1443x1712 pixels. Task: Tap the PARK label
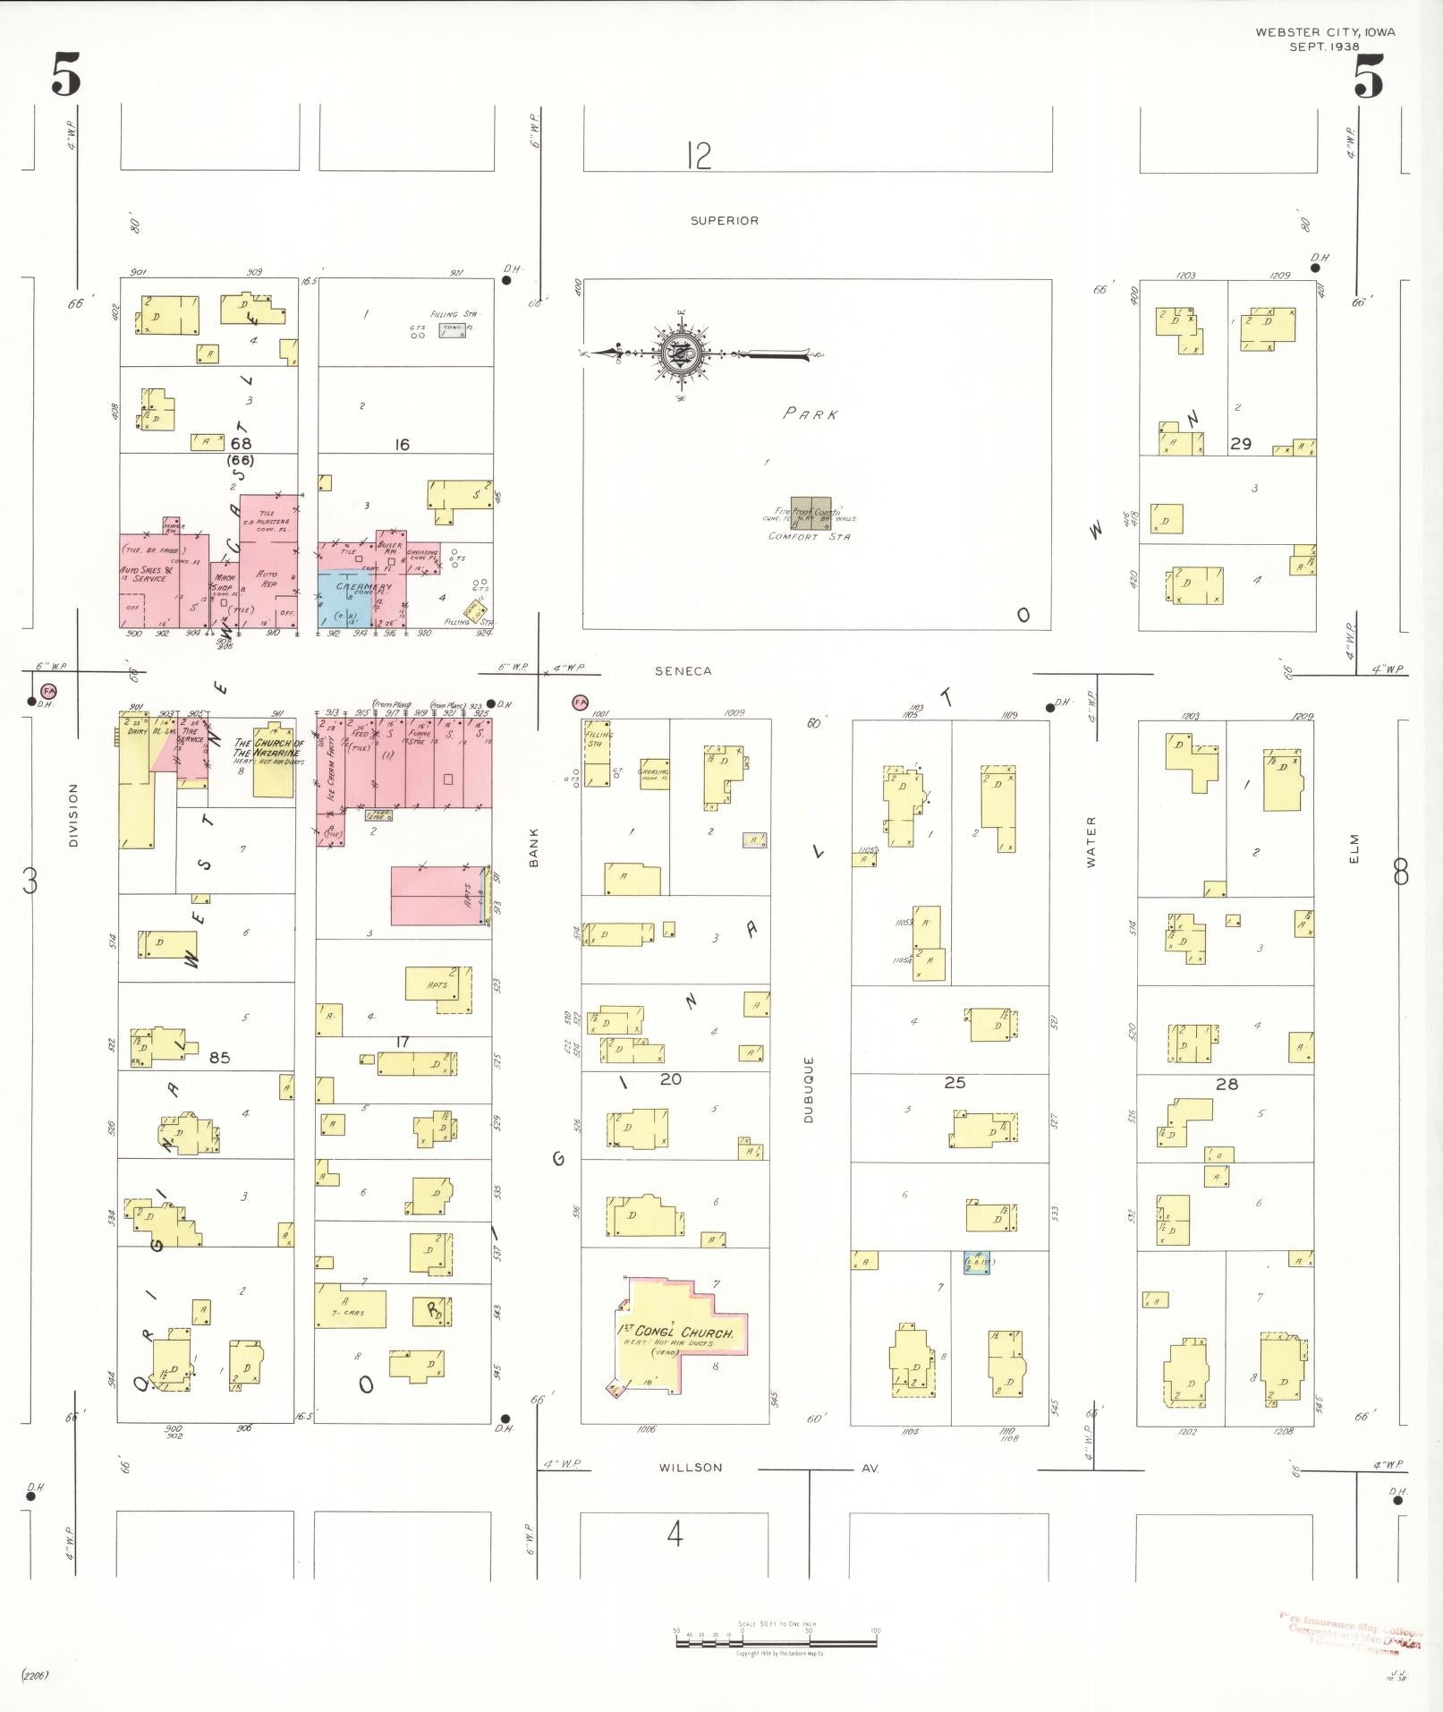pos(811,413)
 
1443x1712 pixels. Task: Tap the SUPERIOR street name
pos(724,220)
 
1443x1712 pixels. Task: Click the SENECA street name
pos(683,670)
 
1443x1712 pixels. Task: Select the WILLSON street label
pos(691,1467)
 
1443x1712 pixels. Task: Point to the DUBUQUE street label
pos(808,1089)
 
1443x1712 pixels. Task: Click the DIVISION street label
pos(73,814)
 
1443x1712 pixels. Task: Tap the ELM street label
pos(1354,848)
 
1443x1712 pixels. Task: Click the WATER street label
pos(1091,841)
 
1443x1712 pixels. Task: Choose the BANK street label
pos(533,846)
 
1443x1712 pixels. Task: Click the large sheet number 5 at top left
pos(66,74)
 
